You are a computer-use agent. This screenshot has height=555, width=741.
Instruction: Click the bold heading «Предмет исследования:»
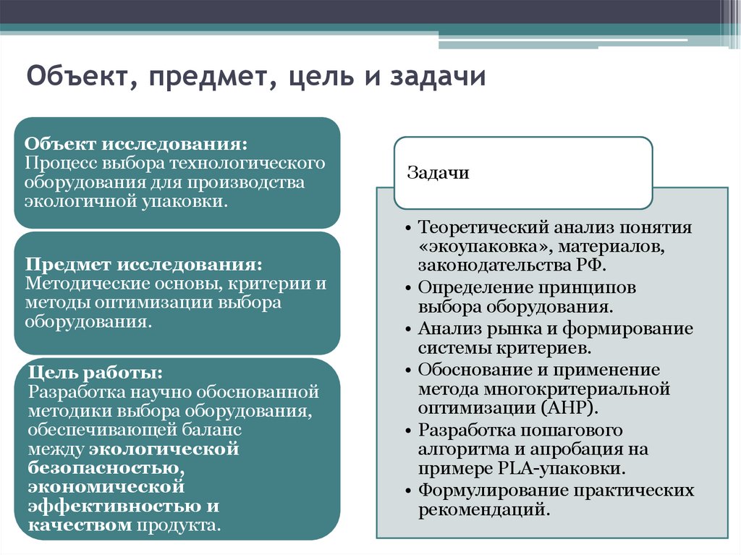pos(143,264)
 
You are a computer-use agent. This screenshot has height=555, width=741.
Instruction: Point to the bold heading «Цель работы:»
pos(95,373)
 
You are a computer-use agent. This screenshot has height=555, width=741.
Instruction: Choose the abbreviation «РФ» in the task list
pos(596,265)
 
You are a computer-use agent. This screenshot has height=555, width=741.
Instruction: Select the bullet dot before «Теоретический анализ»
pos(409,229)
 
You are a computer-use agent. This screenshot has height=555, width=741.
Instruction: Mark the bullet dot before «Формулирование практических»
pos(409,491)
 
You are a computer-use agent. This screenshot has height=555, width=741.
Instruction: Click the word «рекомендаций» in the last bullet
pos(480,510)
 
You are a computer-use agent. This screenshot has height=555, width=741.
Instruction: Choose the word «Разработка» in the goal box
pos(77,393)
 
